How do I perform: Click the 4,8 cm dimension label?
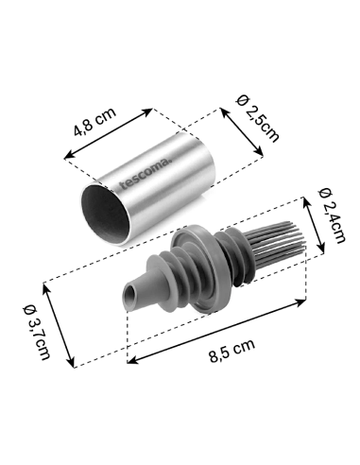pyautogui.click(x=94, y=121)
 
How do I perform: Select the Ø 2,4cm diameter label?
pyautogui.click(x=332, y=215)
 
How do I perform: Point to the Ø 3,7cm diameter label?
pyautogui.click(x=37, y=332)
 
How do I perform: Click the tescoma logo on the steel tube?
pyautogui.click(x=146, y=174)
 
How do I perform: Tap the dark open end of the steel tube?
pyautogui.click(x=105, y=214)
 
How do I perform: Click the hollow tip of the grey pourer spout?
pyautogui.click(x=130, y=296)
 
